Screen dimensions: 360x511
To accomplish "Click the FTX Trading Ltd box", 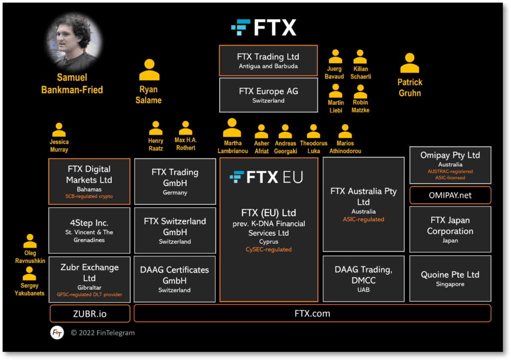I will pos(268,60).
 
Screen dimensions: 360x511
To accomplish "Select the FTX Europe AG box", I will pos(268,95).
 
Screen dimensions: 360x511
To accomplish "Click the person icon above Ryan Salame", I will pos(149,70).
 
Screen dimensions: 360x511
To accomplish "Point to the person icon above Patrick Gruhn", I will pos(409,63).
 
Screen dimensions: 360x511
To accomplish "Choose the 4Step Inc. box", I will pos(89,230).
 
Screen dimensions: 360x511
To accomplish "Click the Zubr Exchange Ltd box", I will pos(89,279).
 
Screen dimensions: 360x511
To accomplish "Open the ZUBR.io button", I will pos(90,314).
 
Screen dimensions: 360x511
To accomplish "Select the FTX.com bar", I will pos(312,314).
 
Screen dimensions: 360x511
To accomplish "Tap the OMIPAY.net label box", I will pos(450,195).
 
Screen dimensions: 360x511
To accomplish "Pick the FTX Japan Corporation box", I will pos(450,230).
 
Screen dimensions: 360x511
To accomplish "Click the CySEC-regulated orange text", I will pos(268,249).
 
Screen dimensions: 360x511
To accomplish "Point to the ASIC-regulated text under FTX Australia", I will pos(363,219).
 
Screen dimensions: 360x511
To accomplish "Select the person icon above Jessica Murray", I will pos(59,130).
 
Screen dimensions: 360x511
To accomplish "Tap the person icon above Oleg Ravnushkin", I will pos(30,241).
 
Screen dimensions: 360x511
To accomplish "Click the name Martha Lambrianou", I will pos(233,147).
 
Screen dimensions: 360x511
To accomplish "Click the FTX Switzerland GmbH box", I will pos(175,230).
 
